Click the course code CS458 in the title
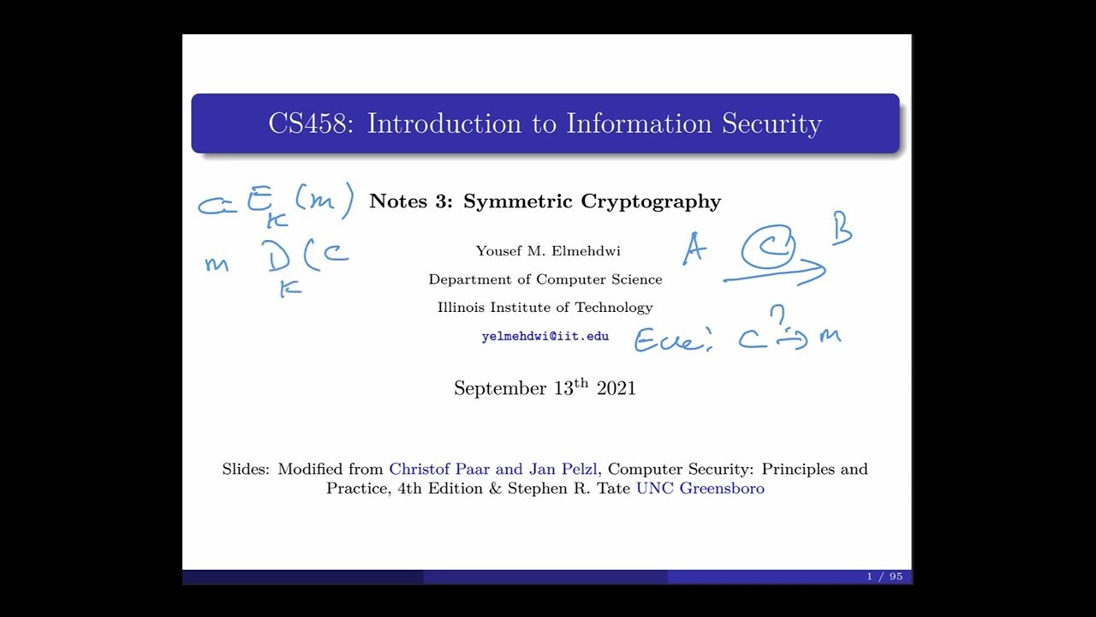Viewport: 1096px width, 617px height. point(309,123)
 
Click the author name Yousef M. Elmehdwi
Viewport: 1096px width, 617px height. point(548,251)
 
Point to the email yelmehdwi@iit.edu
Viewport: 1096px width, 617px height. point(545,336)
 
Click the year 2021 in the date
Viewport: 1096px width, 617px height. point(616,388)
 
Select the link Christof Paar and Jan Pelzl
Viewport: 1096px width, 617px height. point(493,469)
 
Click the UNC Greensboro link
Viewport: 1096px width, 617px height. point(700,488)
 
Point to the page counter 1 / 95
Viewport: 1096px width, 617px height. point(885,577)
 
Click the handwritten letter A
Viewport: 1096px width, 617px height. point(694,249)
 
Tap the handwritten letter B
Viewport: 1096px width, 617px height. point(842,231)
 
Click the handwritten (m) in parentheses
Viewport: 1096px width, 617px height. point(324,201)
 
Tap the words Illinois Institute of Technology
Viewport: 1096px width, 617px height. point(545,308)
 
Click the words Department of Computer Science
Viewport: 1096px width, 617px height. point(545,279)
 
